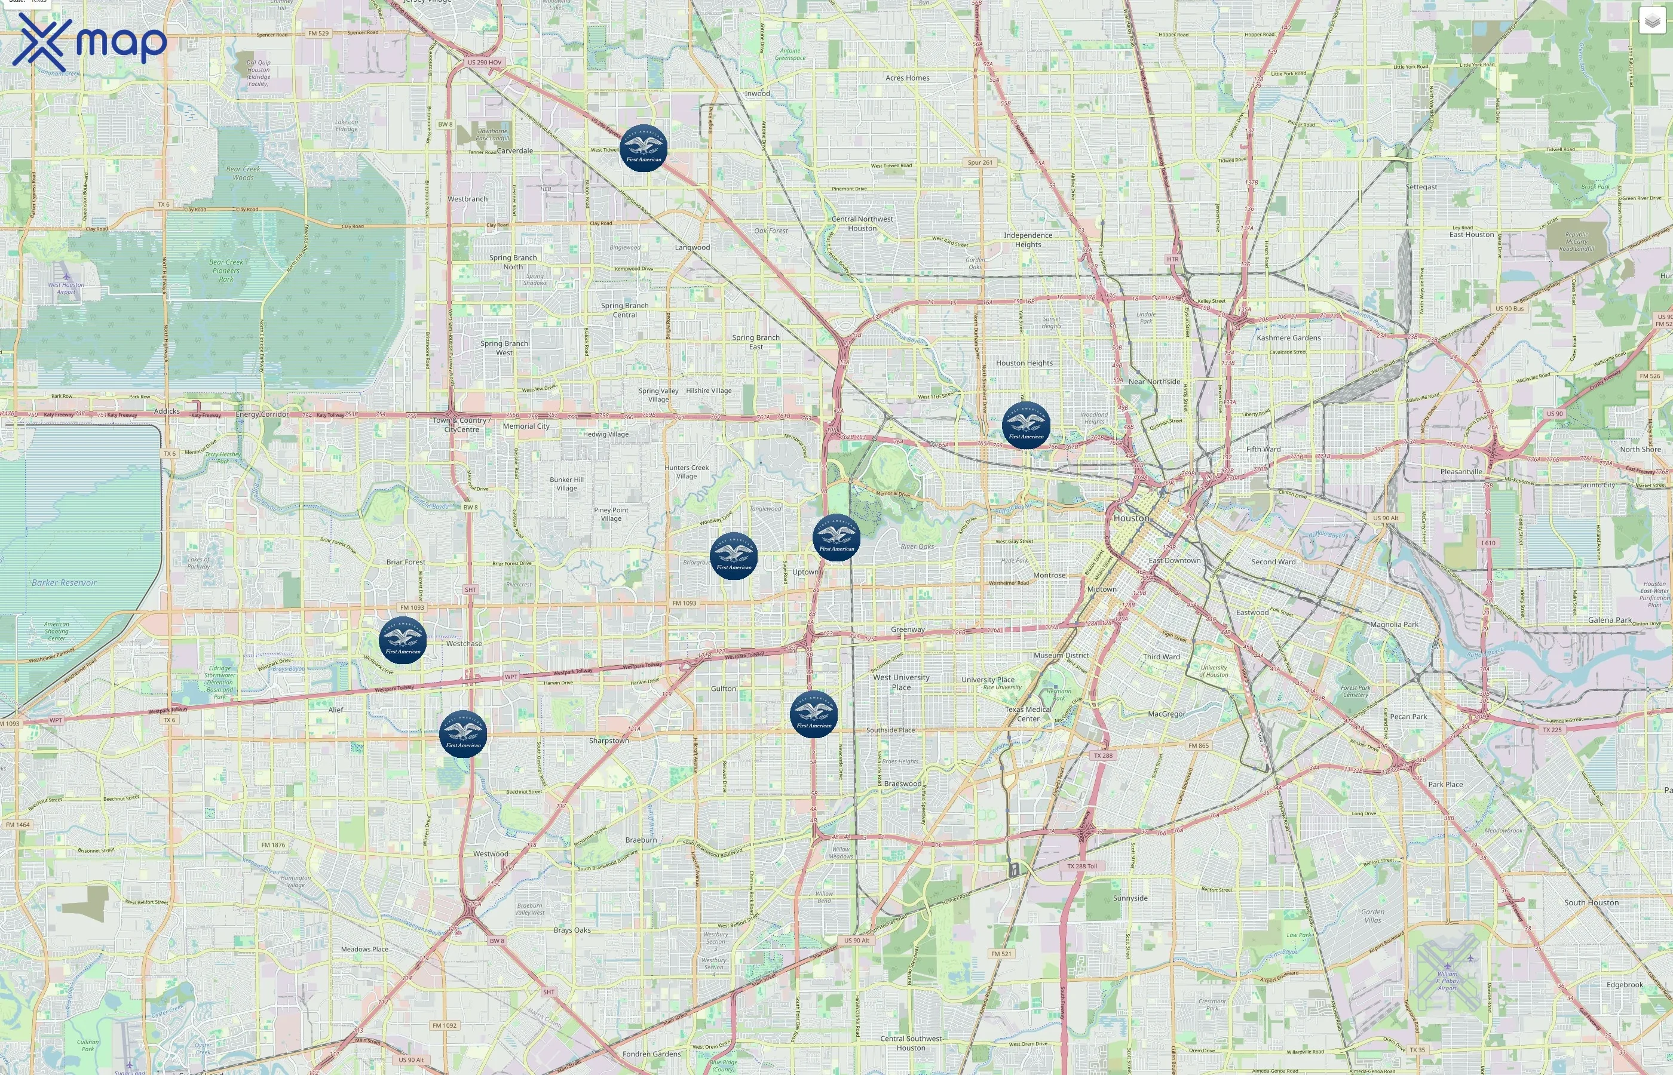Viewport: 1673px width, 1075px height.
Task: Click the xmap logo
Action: tap(90, 42)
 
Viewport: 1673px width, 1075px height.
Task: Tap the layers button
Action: tap(1651, 21)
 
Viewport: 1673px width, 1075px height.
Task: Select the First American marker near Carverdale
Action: tap(643, 148)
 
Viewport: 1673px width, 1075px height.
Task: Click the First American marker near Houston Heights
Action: tap(1026, 425)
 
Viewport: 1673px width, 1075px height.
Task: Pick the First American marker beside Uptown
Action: tap(836, 537)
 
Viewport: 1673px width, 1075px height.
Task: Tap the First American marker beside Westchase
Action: tap(403, 640)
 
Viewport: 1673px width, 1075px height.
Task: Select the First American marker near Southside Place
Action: tap(813, 714)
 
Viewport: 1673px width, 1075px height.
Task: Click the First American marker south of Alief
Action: tap(463, 733)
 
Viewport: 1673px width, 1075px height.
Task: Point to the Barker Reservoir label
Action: tap(65, 583)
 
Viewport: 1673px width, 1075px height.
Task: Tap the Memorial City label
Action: tap(526, 426)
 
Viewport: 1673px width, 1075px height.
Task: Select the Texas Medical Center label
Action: tap(1028, 714)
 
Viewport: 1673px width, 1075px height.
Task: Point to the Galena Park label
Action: tap(1610, 620)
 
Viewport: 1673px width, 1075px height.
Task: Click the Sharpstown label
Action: tap(609, 741)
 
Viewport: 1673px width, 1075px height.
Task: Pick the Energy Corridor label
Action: tap(262, 414)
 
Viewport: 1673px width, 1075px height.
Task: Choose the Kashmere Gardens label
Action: tap(1288, 338)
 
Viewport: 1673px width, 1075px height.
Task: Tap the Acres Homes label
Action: tap(907, 78)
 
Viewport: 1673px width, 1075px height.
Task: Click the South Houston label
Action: tap(1591, 902)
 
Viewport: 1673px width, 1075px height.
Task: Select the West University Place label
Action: tap(901, 682)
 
